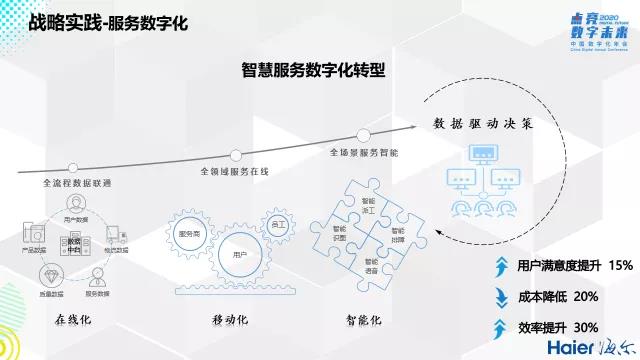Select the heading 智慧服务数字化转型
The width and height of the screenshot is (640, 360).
coord(314,72)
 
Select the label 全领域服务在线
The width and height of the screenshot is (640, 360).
coord(235,171)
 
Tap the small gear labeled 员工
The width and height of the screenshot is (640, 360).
coord(276,224)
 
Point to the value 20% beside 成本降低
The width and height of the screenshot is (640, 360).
coord(586,296)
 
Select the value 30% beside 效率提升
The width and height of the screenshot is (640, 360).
coord(586,326)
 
